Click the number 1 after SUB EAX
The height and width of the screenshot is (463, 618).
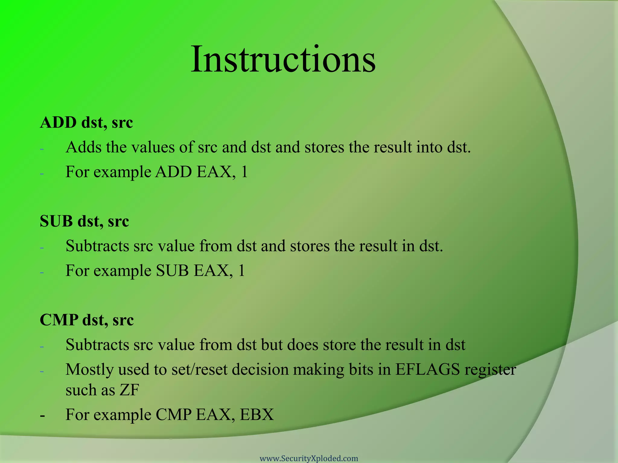coord(241,271)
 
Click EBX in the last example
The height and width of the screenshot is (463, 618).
coord(257,415)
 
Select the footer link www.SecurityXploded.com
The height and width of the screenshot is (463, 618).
coord(309,458)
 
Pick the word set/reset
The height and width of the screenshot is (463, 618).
coord(199,370)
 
